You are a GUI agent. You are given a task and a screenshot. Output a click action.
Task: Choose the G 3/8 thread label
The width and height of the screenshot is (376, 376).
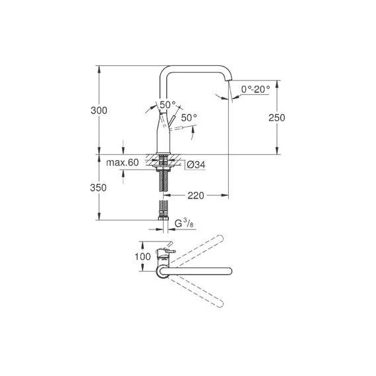pos(184,225)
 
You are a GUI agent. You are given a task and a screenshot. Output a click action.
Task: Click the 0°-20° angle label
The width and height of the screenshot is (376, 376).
pos(255,88)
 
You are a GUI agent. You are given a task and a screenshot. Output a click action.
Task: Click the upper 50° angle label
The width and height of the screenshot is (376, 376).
pos(168,105)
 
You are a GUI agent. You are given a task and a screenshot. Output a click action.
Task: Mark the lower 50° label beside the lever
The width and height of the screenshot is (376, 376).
pos(189,117)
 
